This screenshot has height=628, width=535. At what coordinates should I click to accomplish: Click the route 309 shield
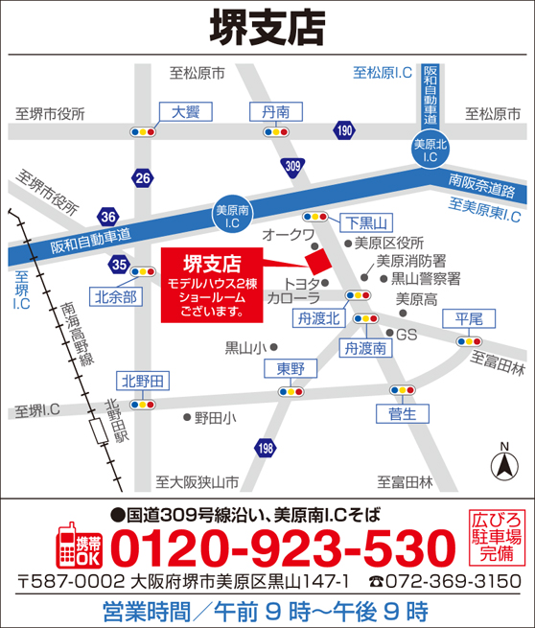coord(293,166)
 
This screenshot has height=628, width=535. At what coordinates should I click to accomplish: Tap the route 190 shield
coord(344,129)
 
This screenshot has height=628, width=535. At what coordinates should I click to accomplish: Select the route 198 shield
coord(265,447)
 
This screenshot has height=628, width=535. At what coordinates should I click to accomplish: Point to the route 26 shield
coord(143,177)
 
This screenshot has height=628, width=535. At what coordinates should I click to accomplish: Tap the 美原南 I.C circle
coord(232,217)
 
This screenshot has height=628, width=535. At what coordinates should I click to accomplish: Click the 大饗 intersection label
coord(185,112)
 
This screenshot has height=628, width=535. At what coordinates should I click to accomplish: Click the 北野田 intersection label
coord(142,382)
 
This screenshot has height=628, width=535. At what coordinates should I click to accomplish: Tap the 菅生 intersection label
coord(403,413)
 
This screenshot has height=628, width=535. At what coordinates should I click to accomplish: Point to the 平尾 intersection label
coord(469,318)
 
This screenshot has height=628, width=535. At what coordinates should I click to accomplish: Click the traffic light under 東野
coord(290,391)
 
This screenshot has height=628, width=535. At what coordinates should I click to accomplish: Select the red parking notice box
coord(497,539)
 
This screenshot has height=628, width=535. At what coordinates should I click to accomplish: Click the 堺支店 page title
coord(267,24)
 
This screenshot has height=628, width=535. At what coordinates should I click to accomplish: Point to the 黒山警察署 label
coord(426,278)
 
